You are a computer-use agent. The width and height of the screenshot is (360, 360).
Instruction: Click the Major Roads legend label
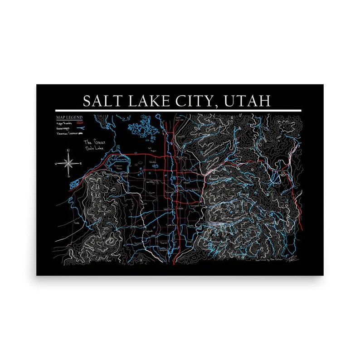(x=63, y=123)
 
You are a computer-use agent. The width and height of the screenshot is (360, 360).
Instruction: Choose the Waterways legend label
(x=63, y=128)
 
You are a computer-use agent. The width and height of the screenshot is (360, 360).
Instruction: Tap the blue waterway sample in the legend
(x=79, y=128)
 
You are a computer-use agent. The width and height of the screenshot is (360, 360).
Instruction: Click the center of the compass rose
(x=68, y=162)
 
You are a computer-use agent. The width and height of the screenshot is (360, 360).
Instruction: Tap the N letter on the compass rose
(x=68, y=150)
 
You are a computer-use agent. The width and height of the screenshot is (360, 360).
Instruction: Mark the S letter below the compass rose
(x=68, y=175)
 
